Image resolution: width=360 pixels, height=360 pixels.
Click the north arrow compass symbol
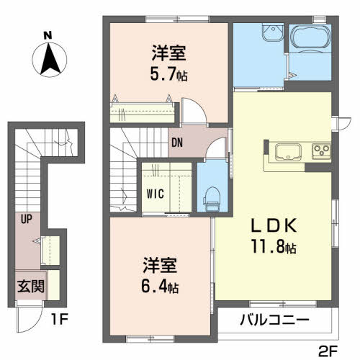pos(48,59)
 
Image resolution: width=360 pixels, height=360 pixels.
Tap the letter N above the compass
pos(48,35)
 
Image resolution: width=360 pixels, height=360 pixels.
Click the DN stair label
pos(177,141)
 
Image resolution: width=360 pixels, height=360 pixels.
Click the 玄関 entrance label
pos(31,286)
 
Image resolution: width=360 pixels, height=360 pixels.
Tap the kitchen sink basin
pos(289,152)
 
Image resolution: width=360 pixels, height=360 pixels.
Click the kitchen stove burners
pos(320,151)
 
